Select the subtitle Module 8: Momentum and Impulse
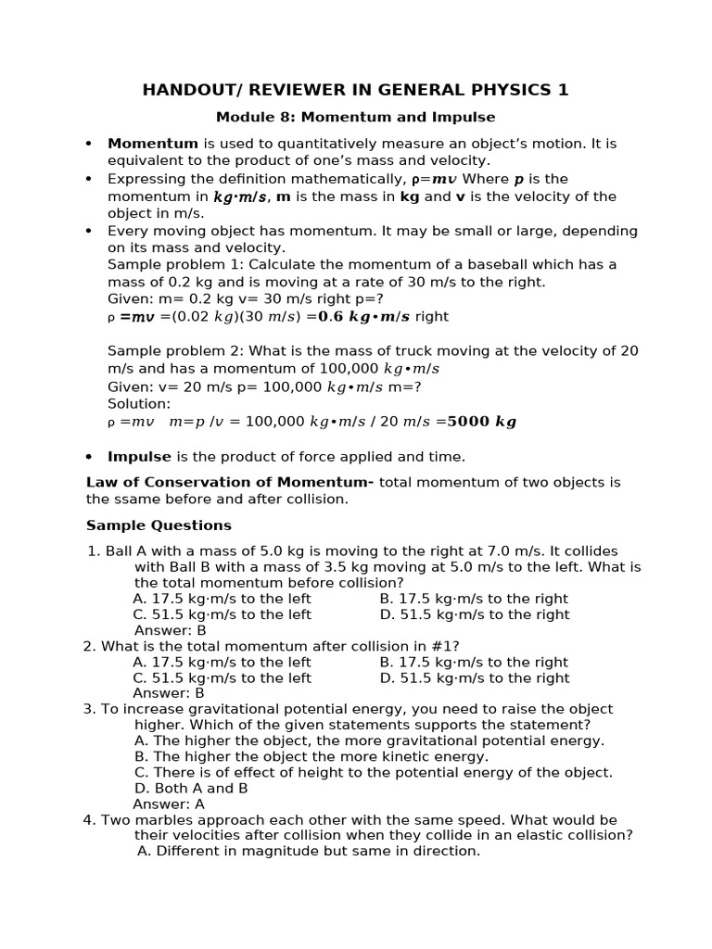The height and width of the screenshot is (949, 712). point(355,118)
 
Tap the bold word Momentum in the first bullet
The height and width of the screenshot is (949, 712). point(153,144)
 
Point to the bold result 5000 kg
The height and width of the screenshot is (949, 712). point(481,422)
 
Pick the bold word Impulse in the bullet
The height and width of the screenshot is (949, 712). point(139,457)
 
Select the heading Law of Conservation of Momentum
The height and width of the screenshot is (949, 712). point(229,483)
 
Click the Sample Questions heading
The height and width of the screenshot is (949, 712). point(159,525)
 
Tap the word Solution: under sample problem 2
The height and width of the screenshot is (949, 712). point(139,404)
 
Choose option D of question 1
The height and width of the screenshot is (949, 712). point(474,614)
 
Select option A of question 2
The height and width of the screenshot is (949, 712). point(222,663)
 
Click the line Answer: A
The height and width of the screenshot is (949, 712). point(169,804)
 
